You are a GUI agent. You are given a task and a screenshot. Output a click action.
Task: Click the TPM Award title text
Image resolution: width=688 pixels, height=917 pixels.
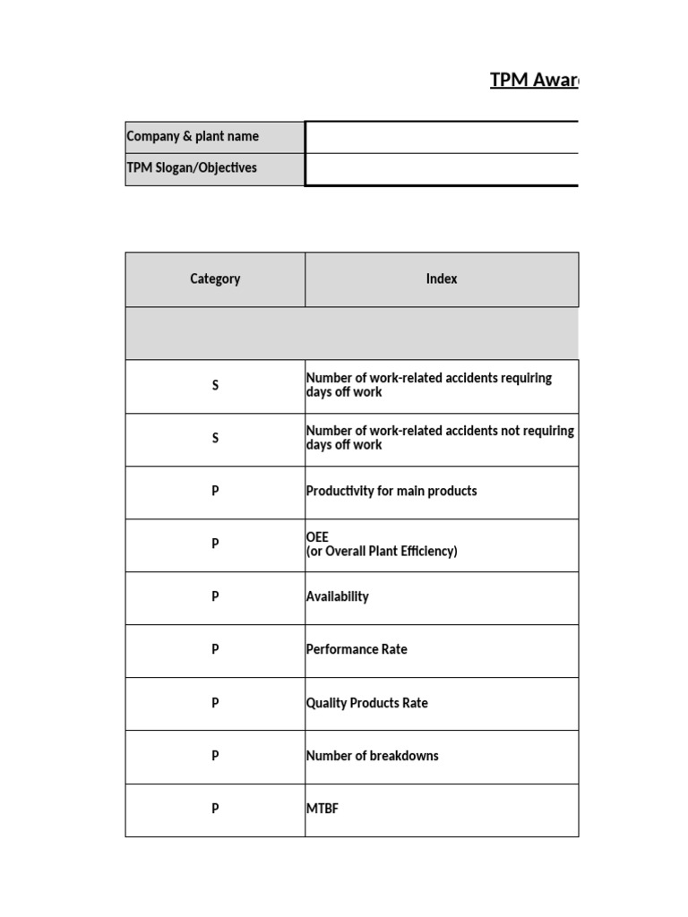coord(534,81)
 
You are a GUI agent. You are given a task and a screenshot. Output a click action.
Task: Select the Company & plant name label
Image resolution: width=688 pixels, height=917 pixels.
coord(193,136)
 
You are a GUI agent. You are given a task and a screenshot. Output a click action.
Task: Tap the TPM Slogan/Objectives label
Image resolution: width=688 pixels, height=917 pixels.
coord(192,167)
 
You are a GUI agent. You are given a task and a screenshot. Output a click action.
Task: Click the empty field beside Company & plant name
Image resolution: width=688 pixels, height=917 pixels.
coord(442,137)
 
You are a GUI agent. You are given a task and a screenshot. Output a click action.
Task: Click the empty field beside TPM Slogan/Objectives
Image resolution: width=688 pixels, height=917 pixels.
coord(442,169)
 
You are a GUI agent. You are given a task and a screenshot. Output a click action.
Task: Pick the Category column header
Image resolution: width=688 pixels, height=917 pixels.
coord(215,279)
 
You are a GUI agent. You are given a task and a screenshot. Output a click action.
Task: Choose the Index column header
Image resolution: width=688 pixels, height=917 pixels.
coord(442,279)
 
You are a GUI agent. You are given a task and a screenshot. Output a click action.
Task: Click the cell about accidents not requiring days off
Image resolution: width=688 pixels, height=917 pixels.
coord(440,438)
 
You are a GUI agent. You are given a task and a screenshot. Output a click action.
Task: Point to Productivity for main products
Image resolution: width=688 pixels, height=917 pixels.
coord(391,491)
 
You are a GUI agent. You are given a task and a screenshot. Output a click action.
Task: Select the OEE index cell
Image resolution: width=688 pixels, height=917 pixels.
coord(382,544)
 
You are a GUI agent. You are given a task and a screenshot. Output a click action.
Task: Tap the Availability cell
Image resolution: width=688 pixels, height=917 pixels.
coord(338,596)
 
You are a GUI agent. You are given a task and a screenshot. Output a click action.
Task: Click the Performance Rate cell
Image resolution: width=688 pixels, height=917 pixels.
coord(357,649)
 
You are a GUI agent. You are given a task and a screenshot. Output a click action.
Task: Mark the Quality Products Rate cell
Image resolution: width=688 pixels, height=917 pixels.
coord(367,703)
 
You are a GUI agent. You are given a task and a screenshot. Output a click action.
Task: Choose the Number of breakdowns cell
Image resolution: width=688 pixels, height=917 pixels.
coord(373,756)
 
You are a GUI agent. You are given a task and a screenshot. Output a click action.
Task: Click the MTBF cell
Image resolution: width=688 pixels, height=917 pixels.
coord(322,809)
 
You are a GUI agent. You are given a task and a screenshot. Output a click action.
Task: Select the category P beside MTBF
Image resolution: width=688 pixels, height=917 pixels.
coord(215,809)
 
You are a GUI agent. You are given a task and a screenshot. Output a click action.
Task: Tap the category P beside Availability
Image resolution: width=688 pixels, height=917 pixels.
coord(215,596)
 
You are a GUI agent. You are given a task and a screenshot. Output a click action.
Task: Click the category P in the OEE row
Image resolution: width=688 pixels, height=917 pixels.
coord(215,544)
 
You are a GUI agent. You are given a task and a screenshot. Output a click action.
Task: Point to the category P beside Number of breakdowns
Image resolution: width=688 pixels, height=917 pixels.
coord(215,756)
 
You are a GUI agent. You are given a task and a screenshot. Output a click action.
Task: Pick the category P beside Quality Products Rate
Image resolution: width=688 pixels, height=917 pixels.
coord(215,703)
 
